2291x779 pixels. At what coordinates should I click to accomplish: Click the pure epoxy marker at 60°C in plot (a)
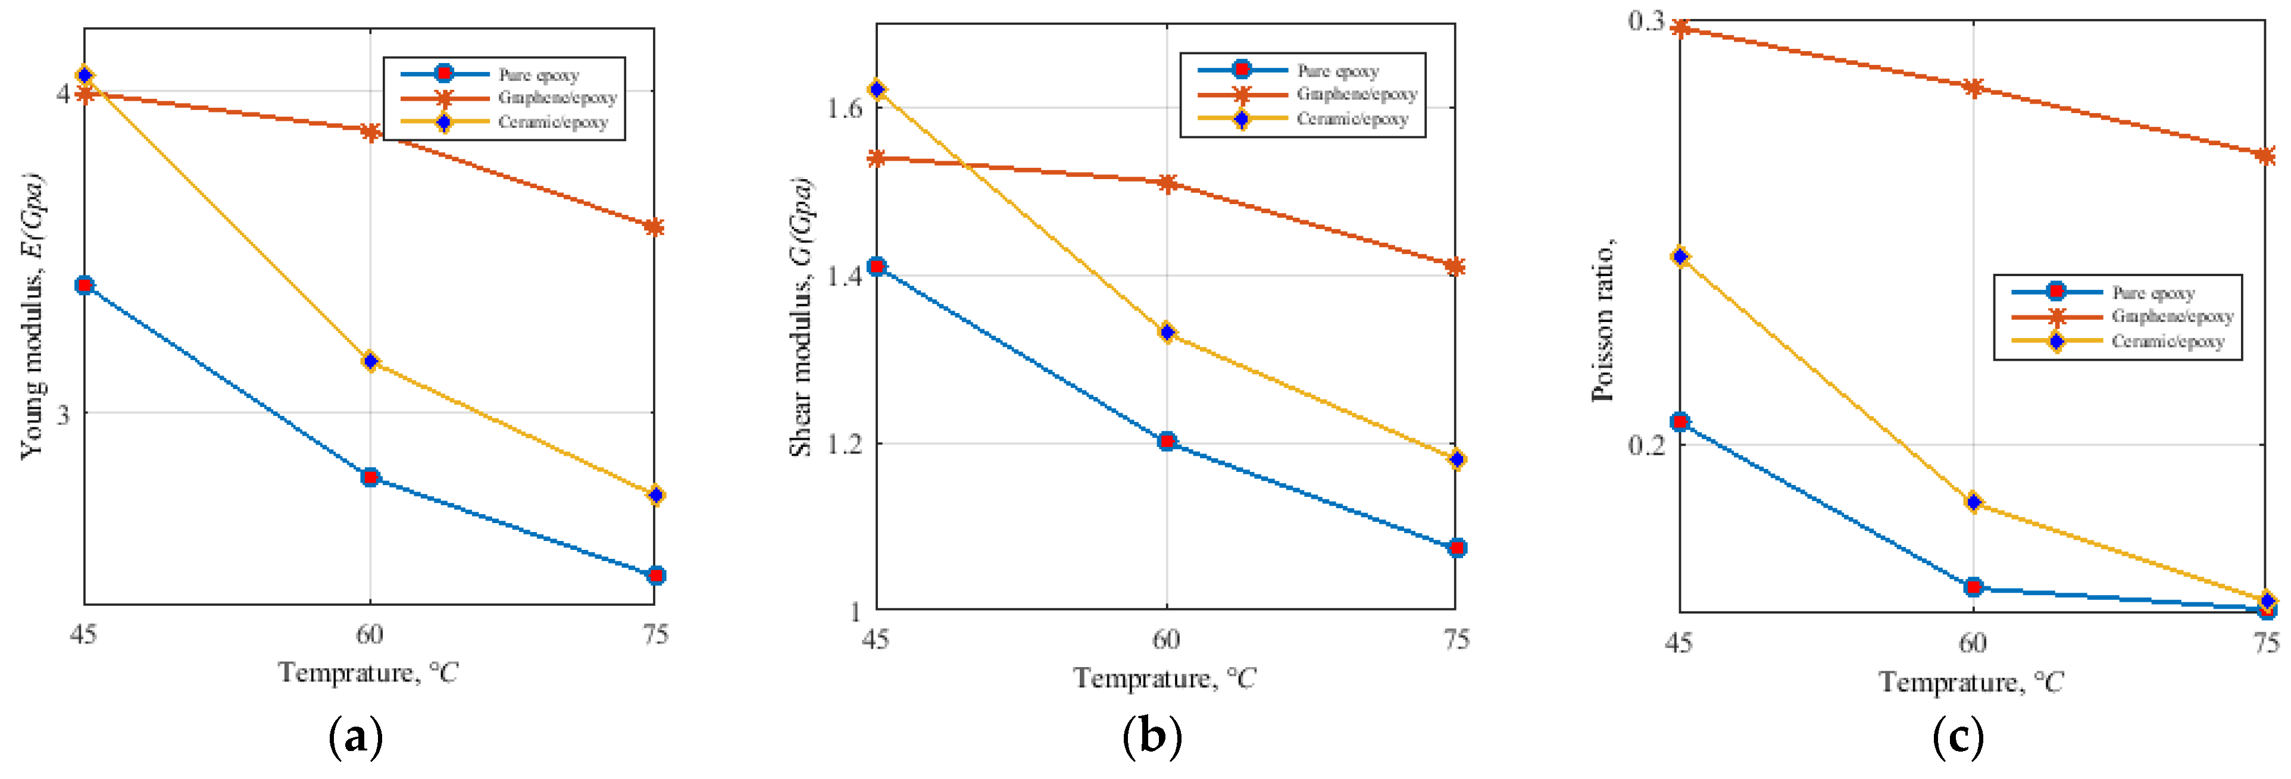(370, 477)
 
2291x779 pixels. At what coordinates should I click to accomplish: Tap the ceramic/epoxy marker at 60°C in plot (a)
(370, 361)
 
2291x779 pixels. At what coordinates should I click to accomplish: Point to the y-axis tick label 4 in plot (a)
(63, 92)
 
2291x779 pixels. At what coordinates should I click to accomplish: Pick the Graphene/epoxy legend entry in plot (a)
(557, 98)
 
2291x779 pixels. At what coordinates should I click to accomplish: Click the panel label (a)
(356, 737)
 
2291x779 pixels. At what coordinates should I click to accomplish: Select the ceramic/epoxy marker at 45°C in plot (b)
(877, 90)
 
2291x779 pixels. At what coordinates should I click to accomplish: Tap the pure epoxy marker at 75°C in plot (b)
(1456, 548)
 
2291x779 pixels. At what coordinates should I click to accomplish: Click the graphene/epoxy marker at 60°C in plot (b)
(1167, 183)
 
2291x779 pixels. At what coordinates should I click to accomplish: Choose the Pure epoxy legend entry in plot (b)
(1337, 70)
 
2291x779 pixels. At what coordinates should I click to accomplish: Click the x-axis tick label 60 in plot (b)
(1166, 639)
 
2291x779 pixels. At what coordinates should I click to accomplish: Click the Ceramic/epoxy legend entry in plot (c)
(2167, 342)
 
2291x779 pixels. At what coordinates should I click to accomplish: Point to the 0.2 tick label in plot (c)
(1646, 444)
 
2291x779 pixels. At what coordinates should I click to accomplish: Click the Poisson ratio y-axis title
(1603, 320)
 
